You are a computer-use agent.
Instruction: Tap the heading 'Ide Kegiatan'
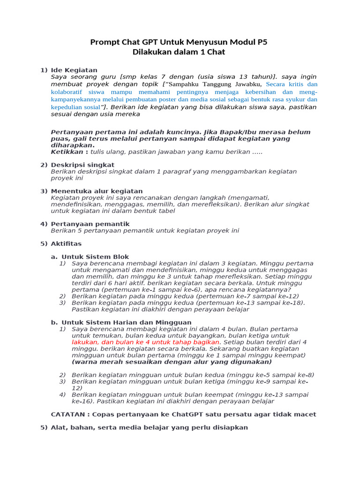[x=74, y=70]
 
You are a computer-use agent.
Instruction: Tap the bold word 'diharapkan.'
[x=73, y=145]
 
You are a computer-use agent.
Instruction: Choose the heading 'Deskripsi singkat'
[x=82, y=165]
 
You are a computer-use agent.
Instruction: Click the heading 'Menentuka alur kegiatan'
[x=97, y=191]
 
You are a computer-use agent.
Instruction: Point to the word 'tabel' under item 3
[x=166, y=211]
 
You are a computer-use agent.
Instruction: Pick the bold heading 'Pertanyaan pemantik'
[x=90, y=224]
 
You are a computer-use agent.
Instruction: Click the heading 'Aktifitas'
[x=66, y=244]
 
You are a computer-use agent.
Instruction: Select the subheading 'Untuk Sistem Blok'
[x=95, y=257]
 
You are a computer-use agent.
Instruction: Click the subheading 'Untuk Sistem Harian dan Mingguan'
[x=127, y=322]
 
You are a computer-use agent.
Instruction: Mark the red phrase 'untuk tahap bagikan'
[x=189, y=342]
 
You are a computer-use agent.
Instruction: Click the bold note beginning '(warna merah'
[x=172, y=362]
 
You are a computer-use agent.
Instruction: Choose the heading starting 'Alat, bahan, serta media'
[x=149, y=427]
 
